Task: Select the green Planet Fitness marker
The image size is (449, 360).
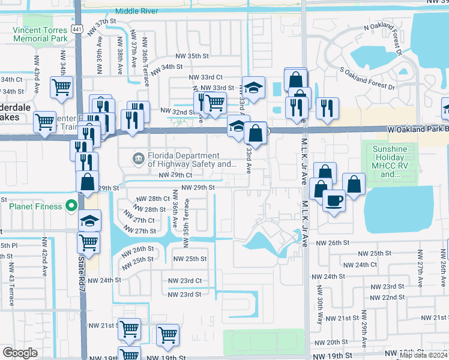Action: (71, 206)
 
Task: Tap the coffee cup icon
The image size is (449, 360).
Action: (334, 199)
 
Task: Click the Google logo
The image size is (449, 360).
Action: (20, 353)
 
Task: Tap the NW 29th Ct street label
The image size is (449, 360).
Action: (175, 175)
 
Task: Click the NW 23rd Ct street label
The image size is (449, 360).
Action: (185, 280)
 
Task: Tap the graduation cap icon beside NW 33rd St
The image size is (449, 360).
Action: (253, 86)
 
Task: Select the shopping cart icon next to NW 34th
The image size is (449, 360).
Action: (62, 87)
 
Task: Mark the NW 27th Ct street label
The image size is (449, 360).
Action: (140, 220)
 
